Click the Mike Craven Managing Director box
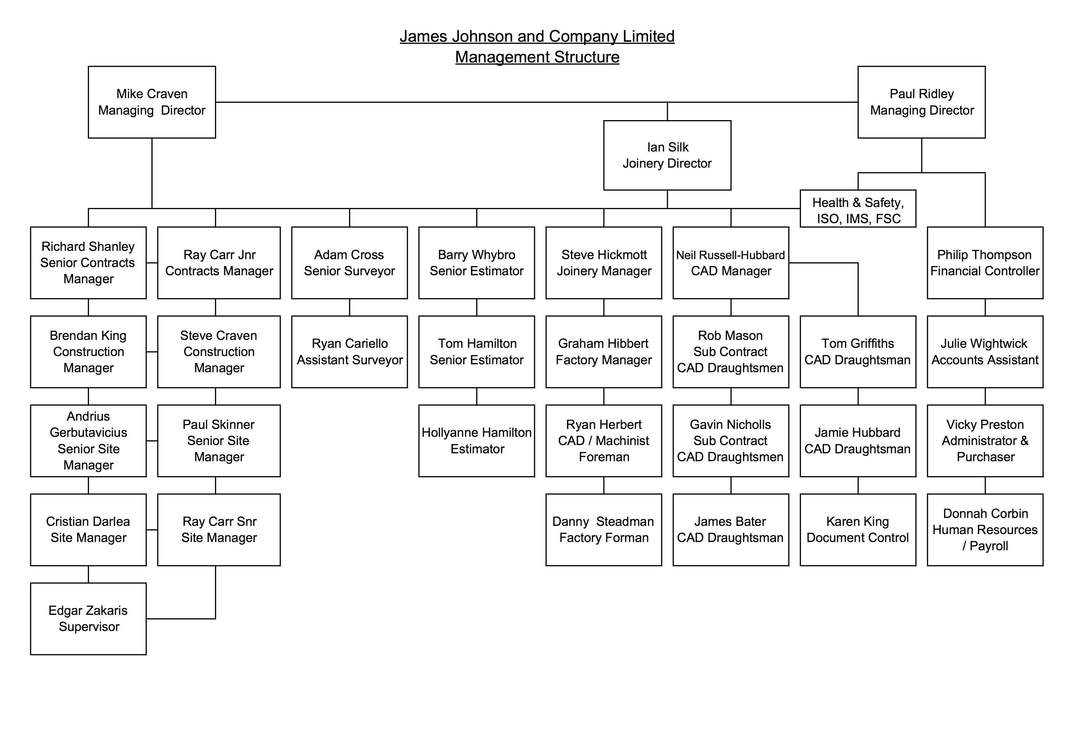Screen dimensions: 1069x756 coord(152,102)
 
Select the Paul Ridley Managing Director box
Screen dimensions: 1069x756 coord(921,102)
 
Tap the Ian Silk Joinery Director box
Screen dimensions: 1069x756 coord(667,155)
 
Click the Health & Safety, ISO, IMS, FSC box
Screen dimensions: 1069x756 coord(858,209)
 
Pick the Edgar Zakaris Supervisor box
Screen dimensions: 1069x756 coord(88,619)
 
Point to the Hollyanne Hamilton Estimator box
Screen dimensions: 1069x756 coord(477,440)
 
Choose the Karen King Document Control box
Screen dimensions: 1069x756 coord(858,530)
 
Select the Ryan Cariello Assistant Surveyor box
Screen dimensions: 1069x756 coord(350,351)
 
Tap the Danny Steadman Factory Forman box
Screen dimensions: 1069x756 coord(604,530)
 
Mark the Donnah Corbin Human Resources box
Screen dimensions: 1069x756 coord(985,530)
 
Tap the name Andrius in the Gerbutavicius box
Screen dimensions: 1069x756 coord(88,416)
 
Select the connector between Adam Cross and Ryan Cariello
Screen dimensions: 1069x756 coord(350,307)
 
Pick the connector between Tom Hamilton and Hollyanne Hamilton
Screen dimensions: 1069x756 coord(477,396)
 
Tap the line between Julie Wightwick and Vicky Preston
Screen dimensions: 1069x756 coord(985,396)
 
